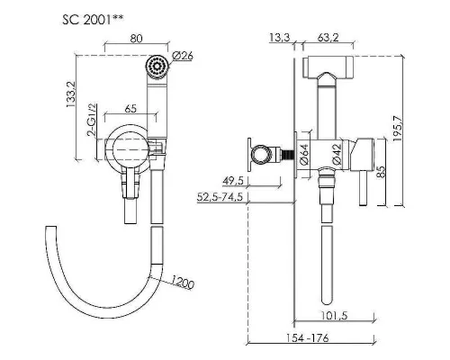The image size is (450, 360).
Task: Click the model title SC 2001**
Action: [93, 20]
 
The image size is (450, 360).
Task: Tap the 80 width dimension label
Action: [136, 39]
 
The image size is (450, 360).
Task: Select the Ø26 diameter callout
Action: [183, 57]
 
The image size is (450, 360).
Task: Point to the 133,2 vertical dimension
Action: [71, 94]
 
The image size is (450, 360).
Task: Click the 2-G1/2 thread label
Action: [92, 120]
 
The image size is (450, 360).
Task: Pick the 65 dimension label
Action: [130, 109]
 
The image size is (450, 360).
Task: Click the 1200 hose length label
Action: [183, 282]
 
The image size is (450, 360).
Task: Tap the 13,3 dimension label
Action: [280, 38]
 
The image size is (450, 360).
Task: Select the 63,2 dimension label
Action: [328, 38]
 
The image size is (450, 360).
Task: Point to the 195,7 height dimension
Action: [397, 128]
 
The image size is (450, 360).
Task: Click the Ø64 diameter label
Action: [304, 155]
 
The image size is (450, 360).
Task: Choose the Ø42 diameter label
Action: [337, 155]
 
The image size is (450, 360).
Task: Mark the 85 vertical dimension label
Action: [381, 172]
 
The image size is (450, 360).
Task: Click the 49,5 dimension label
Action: [233, 181]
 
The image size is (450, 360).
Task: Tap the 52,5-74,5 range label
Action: [220, 197]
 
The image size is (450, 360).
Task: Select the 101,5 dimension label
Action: [335, 316]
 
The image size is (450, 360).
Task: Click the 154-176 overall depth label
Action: [307, 338]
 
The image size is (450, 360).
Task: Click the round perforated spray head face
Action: [157, 66]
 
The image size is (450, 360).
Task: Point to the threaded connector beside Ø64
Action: [287, 155]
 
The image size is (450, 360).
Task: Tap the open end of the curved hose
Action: [50, 227]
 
